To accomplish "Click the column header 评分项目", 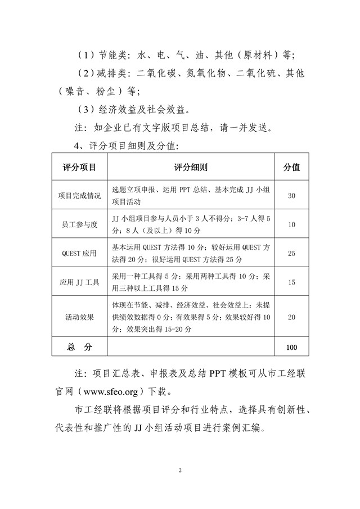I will pos(79,167).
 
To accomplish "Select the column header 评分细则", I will pos(191,167).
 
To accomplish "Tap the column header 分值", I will pos(291,167).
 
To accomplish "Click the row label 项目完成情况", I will pos(79,196).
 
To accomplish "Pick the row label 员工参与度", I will pos(79,224).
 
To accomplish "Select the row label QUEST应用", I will pos(79,254).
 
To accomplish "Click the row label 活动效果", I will pos(79,317).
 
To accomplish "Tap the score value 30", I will pos(291,196).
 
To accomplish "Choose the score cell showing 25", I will pos(291,254).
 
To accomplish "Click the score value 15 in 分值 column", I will pos(291,282).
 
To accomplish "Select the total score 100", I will pos(291,347).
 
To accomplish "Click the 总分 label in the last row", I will pos(79,347).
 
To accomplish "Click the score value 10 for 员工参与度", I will pos(291,224).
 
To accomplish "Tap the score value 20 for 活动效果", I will pos(291,317).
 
